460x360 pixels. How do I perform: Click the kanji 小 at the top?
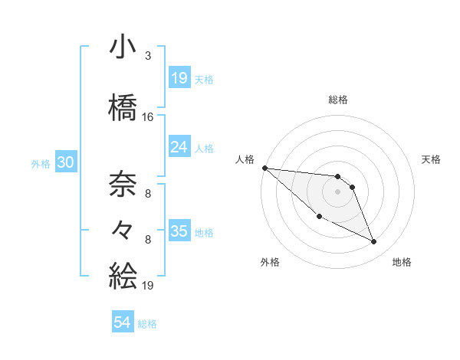coord(123,47)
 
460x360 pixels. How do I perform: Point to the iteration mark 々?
coord(123,228)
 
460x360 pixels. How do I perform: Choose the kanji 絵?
coord(123,273)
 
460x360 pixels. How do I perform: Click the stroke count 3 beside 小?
coord(147,56)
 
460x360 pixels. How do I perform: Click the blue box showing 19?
coord(179,78)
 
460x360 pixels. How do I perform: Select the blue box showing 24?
coord(179,147)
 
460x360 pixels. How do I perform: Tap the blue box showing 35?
coord(179,231)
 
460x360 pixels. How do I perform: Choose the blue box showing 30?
coord(65,163)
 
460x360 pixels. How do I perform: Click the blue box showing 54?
coord(123,322)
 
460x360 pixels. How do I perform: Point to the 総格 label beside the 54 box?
coord(147,324)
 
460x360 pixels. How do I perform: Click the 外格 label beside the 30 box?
coord(41,164)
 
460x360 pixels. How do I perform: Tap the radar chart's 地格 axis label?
coord(402,262)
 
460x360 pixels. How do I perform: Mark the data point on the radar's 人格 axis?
coord(264,168)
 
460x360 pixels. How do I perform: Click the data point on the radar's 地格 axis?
coord(374,242)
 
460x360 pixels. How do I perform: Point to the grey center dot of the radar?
coord(337,191)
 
